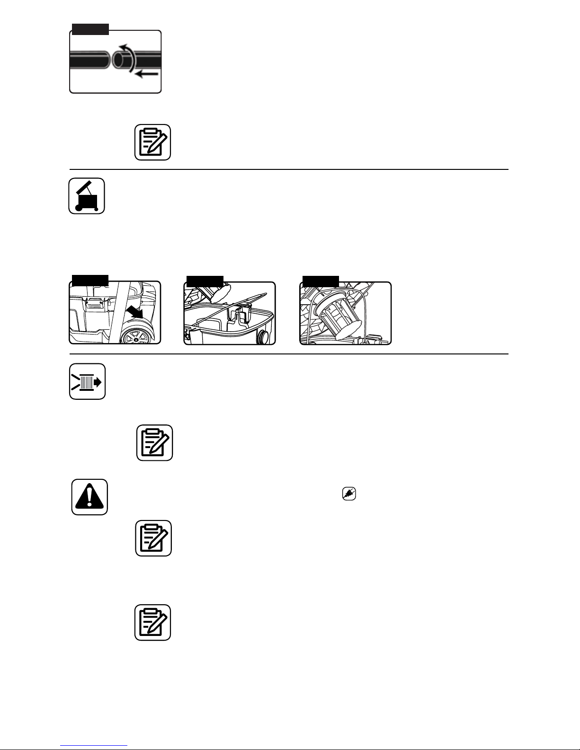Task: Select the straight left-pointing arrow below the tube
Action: tap(146, 74)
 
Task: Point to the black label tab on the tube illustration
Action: tap(90, 29)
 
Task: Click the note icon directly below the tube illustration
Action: tap(152, 142)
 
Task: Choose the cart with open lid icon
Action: tap(87, 196)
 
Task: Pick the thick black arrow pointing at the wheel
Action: tap(135, 312)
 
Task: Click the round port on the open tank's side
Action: tap(263, 337)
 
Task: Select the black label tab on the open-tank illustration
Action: tap(205, 280)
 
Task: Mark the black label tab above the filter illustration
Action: tap(321, 280)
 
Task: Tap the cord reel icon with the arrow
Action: tap(87, 381)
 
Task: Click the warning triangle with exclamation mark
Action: tap(89, 497)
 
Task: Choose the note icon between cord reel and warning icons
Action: tap(154, 442)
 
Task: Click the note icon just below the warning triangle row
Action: tap(153, 538)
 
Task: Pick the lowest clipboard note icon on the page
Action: tap(152, 622)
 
